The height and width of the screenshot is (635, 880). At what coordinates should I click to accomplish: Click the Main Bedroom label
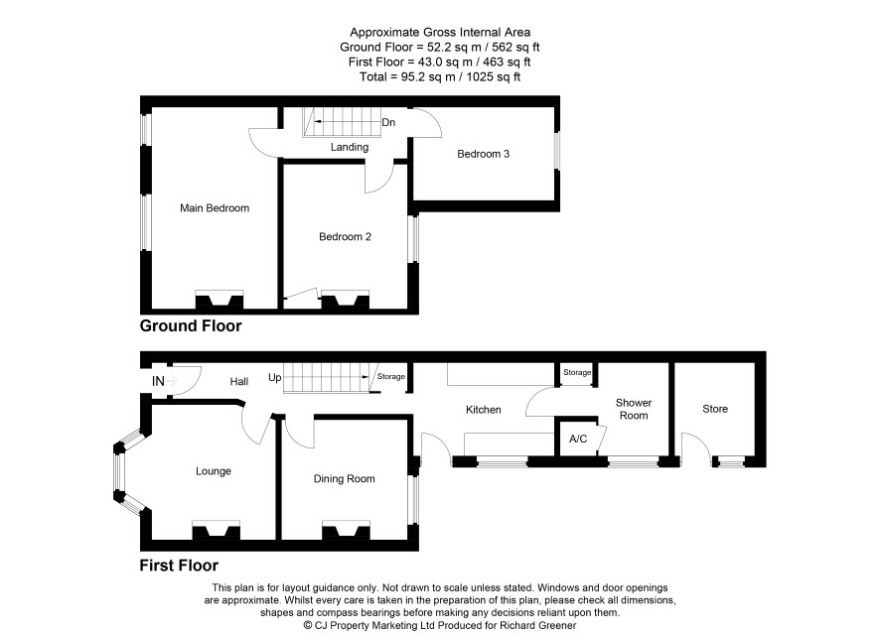click(215, 208)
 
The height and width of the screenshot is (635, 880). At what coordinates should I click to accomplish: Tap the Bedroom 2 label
click(345, 236)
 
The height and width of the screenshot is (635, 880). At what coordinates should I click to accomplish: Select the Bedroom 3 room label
click(484, 154)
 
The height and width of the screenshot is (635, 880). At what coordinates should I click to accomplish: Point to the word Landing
click(349, 147)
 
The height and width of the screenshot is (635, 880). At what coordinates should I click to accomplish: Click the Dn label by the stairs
click(388, 122)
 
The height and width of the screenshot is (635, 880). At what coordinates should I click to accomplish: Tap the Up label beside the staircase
click(274, 378)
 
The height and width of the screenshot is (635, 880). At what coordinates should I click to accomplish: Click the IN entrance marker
click(158, 381)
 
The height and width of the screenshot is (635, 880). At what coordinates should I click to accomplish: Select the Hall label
click(239, 382)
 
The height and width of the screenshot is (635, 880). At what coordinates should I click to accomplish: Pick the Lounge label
click(214, 471)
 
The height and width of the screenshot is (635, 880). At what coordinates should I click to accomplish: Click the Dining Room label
click(344, 478)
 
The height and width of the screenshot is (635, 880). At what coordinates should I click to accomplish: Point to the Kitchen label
click(484, 410)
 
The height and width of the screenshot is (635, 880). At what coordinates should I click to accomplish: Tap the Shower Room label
click(634, 409)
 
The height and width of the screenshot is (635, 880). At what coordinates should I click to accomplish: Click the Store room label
click(715, 409)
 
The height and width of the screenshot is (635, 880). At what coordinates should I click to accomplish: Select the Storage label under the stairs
click(391, 377)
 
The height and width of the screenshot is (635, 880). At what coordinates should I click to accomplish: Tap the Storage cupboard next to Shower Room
click(577, 374)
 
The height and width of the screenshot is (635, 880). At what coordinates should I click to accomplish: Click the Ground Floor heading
click(191, 326)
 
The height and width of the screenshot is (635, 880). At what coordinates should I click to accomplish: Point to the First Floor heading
click(179, 566)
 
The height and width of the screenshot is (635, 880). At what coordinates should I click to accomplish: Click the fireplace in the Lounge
click(217, 530)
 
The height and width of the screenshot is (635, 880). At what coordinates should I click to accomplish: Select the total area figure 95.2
click(412, 76)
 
